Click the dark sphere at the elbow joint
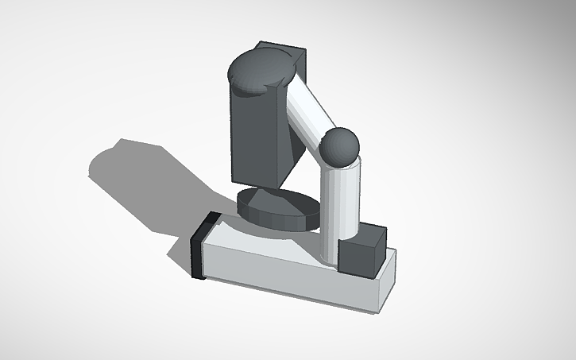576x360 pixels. click(x=340, y=147)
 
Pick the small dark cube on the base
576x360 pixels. click(x=361, y=251)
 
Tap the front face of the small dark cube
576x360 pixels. click(x=354, y=259)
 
